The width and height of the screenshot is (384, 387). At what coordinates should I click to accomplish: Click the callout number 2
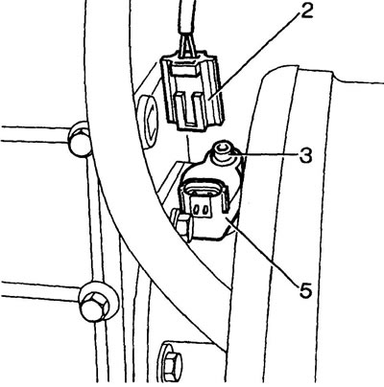[306, 11]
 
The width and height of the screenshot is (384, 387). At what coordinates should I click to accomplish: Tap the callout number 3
[306, 156]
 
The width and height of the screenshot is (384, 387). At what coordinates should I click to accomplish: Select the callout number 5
[305, 290]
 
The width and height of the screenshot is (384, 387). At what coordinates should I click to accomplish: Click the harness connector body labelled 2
[192, 92]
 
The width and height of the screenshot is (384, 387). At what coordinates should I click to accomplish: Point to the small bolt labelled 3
[224, 151]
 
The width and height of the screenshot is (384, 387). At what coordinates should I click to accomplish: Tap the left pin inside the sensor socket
[196, 209]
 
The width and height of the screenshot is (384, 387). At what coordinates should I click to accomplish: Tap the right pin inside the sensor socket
[204, 209]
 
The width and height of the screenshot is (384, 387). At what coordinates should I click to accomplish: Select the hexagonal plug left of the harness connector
[148, 122]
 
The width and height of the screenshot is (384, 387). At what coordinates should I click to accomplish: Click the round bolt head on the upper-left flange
[81, 139]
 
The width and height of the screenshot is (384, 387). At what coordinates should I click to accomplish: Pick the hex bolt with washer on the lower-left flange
[97, 304]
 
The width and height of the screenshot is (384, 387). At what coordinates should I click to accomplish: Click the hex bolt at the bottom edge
[171, 363]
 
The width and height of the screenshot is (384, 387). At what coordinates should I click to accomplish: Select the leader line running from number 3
[265, 156]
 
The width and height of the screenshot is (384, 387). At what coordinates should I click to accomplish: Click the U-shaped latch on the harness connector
[191, 109]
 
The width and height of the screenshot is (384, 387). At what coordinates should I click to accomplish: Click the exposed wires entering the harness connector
[186, 46]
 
